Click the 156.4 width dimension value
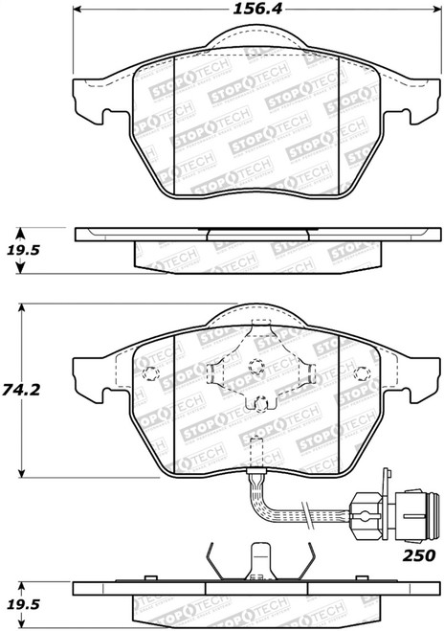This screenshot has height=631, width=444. [x=257, y=10]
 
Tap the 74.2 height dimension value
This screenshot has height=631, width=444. [x=21, y=390]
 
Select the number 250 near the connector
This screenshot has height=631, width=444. [x=419, y=555]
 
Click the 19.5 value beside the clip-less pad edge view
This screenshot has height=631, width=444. [x=23, y=250]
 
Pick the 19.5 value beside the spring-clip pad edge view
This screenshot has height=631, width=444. [x=23, y=604]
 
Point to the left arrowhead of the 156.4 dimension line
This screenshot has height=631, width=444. [x=78, y=9]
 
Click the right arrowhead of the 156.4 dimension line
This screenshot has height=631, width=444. [x=436, y=9]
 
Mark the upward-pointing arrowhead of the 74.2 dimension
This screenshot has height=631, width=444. [x=22, y=308]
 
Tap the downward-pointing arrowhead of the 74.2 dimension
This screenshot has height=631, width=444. [x=22, y=472]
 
